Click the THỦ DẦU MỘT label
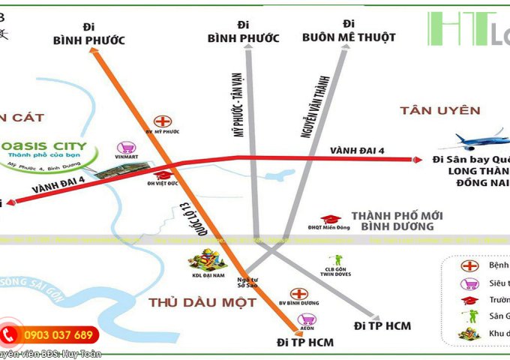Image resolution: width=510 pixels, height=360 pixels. (x=202, y=303)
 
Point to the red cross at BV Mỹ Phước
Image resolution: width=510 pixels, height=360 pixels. (x=162, y=121)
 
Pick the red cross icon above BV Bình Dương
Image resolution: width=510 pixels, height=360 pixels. (x=299, y=293)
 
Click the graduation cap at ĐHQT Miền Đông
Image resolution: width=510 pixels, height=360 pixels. (x=325, y=218)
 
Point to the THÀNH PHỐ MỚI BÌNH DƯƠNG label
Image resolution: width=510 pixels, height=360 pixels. (x=397, y=220)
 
